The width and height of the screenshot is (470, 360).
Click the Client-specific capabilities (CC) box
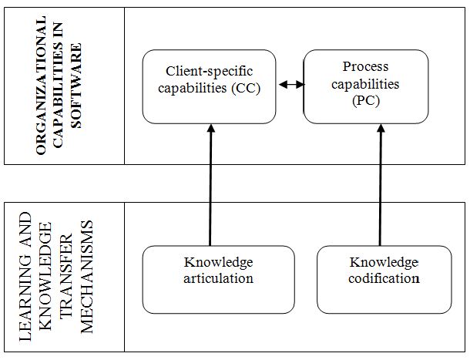pos(210,86)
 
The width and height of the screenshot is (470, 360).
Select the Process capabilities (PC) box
pos(365,86)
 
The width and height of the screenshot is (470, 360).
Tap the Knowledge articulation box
pos(219,279)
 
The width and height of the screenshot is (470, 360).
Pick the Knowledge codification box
pos(384,279)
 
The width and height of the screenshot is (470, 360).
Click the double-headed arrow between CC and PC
pos(290,85)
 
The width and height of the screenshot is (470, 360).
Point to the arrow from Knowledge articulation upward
pos(210,185)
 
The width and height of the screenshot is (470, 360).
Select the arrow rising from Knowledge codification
pos(380,185)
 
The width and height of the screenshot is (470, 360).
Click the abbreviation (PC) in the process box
pos(365,100)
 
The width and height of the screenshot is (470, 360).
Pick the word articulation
pos(219,278)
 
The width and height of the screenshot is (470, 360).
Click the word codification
pos(384,278)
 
